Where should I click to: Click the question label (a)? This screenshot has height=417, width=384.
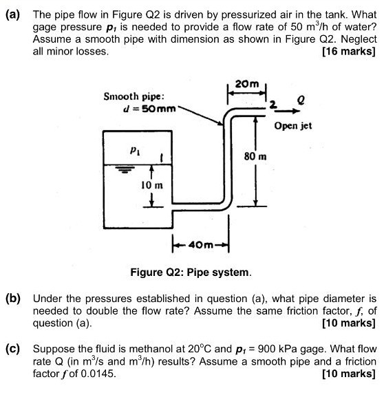pyautogui.click(x=14, y=13)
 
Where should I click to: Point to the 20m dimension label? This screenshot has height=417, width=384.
pyautogui.click(x=245, y=84)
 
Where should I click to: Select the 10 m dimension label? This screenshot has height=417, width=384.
pyautogui.click(x=151, y=186)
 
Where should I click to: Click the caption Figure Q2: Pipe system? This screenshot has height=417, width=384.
pyautogui.click(x=191, y=272)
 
